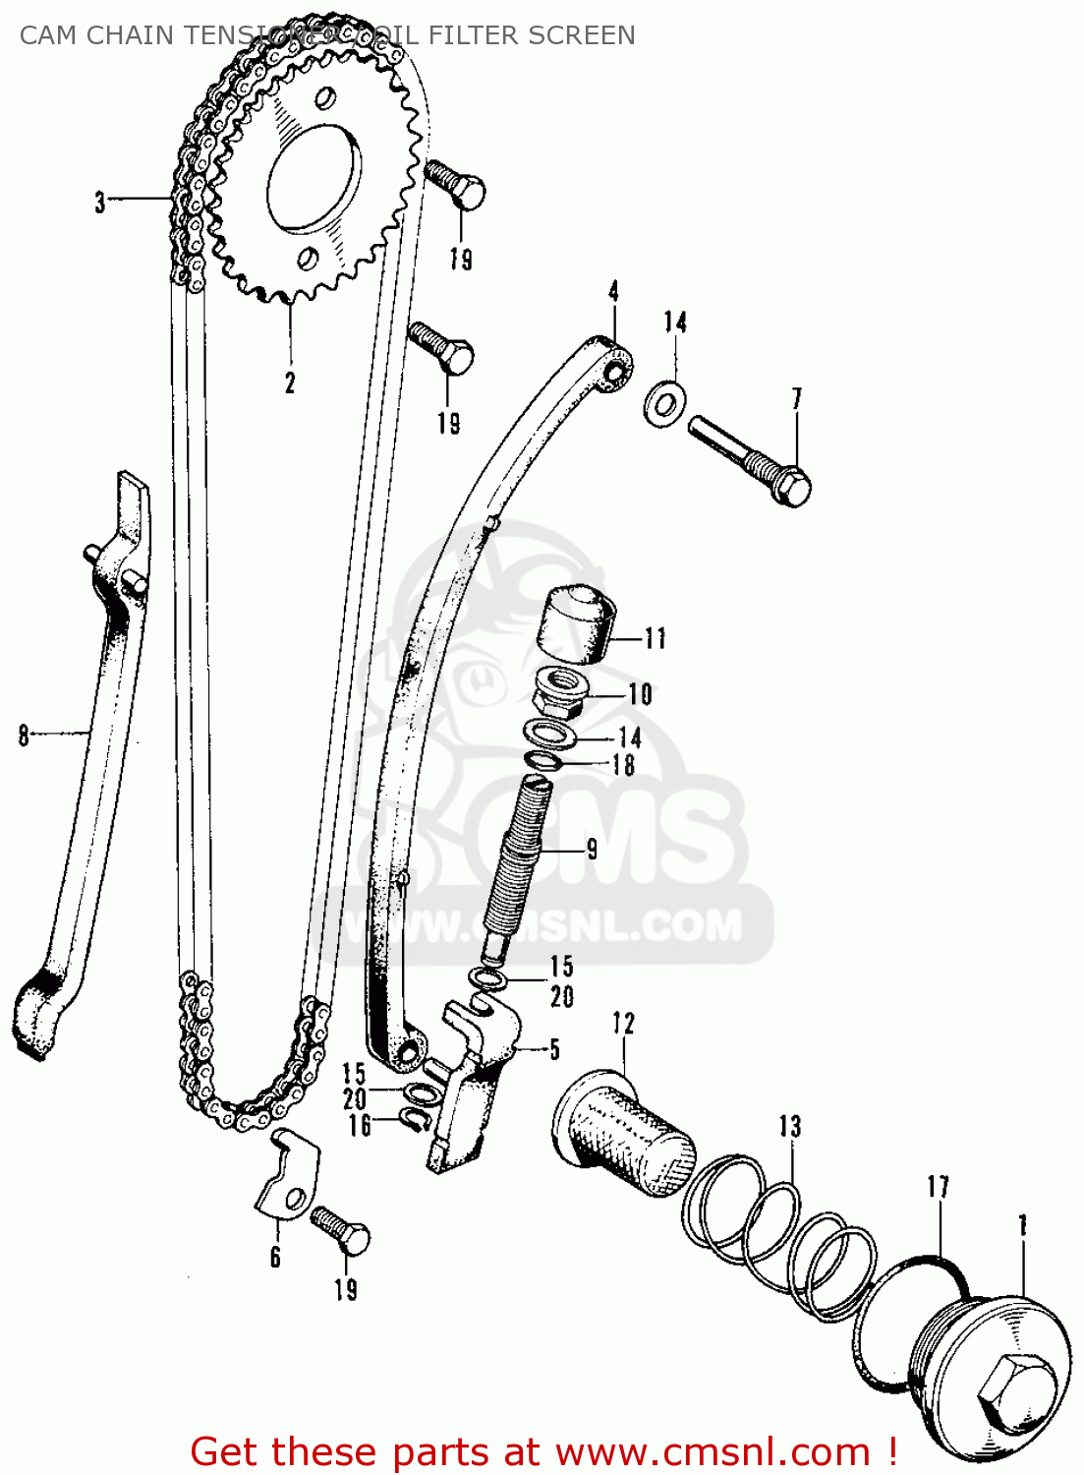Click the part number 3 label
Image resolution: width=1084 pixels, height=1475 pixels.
pyautogui.click(x=99, y=203)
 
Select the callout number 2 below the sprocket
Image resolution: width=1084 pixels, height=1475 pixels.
pyautogui.click(x=290, y=383)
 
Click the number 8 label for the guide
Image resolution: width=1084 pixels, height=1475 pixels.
pyautogui.click(x=25, y=735)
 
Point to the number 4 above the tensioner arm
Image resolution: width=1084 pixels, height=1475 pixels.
pyautogui.click(x=613, y=291)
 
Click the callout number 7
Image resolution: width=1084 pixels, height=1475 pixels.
pyautogui.click(x=797, y=399)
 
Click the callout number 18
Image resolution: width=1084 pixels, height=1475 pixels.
pyautogui.click(x=624, y=765)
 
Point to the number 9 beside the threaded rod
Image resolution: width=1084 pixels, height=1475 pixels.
pyautogui.click(x=592, y=848)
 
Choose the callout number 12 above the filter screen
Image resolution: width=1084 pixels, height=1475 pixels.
pyautogui.click(x=623, y=1024)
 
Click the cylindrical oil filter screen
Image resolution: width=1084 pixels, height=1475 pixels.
pyautogui.click(x=624, y=1134)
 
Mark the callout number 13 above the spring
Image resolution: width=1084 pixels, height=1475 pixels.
pyautogui.click(x=790, y=1127)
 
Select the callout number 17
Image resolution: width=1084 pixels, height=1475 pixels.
pyautogui.click(x=938, y=1187)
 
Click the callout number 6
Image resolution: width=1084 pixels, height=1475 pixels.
pyautogui.click(x=275, y=1257)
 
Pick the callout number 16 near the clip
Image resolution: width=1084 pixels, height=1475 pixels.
pyautogui.click(x=360, y=1125)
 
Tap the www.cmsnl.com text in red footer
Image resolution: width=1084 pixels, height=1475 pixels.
pyautogui.click(x=713, y=1451)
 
